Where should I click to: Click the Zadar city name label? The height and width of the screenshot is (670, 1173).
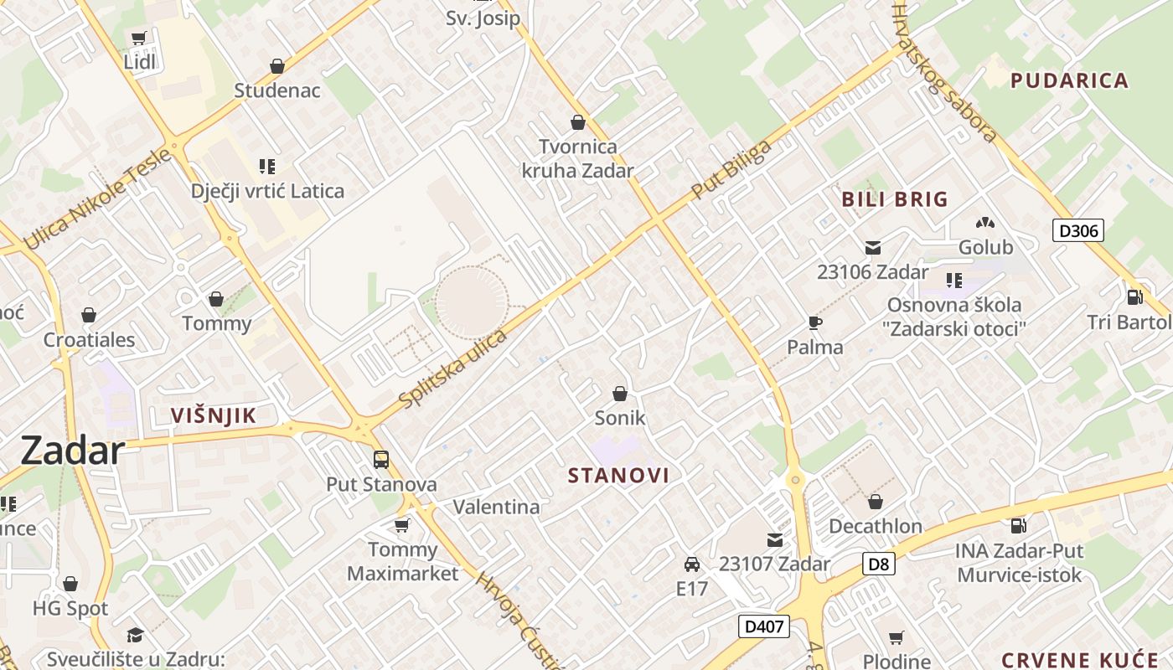pyautogui.click(x=72, y=451)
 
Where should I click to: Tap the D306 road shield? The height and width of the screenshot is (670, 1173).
pyautogui.click(x=1077, y=230)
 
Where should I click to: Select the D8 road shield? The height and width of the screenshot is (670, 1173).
pyautogui.click(x=878, y=564)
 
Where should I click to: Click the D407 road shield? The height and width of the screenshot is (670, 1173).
pyautogui.click(x=764, y=626)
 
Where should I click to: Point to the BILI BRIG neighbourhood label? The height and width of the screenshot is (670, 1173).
pyautogui.click(x=895, y=199)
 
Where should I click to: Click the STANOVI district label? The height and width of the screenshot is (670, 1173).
pyautogui.click(x=619, y=476)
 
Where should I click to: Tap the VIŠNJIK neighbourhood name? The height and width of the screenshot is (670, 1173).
pyautogui.click(x=213, y=415)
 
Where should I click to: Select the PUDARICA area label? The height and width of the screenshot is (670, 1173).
pyautogui.click(x=1070, y=80)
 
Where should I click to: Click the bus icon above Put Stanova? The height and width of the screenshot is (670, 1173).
pyautogui.click(x=381, y=459)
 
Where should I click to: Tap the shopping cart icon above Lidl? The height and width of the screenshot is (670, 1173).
pyautogui.click(x=139, y=38)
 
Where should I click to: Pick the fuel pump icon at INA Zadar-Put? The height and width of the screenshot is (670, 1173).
pyautogui.click(x=1019, y=526)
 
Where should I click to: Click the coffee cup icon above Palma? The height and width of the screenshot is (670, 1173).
pyautogui.click(x=814, y=322)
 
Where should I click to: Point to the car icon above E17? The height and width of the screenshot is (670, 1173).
pyautogui.click(x=692, y=564)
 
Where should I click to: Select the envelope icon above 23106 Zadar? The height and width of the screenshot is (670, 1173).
pyautogui.click(x=873, y=247)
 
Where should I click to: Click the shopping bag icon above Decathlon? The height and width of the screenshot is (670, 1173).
pyautogui.click(x=876, y=502)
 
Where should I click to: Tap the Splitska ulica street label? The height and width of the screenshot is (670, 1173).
pyautogui.click(x=453, y=368)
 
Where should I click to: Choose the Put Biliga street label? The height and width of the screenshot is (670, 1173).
pyautogui.click(x=731, y=172)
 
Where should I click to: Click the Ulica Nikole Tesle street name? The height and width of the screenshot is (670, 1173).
pyautogui.click(x=98, y=198)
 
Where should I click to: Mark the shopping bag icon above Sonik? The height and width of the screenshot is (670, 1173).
pyautogui.click(x=620, y=393)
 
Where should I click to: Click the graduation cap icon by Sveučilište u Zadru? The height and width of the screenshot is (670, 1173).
pyautogui.click(x=135, y=635)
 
